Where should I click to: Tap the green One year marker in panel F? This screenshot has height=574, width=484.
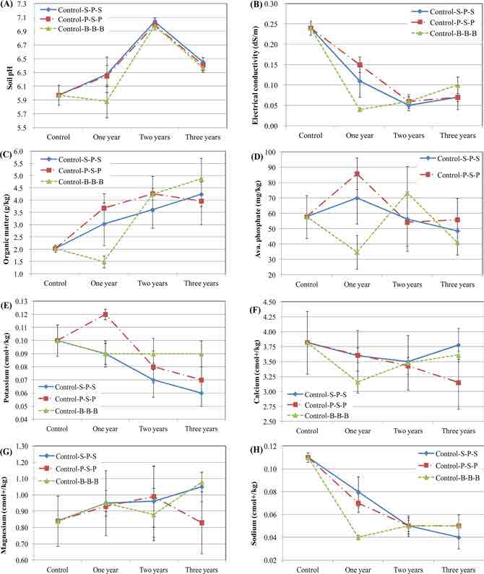pyautogui.click(x=357, y=382)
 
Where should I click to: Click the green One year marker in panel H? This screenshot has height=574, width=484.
pyautogui.click(x=357, y=537)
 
